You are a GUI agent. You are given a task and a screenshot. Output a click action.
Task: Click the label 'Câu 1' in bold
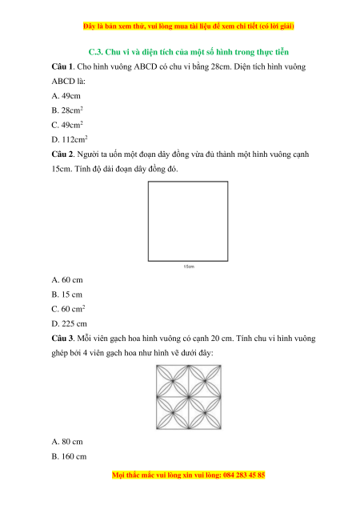(63, 66)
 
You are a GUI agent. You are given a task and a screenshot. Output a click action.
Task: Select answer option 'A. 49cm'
(66, 96)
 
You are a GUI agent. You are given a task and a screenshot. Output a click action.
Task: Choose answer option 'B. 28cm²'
(67, 110)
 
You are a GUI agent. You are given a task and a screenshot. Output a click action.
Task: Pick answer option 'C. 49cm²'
(67, 125)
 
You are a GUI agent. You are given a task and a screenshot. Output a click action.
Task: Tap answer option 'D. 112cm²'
(70, 139)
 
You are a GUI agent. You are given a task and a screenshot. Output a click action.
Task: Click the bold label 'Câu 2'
(63, 154)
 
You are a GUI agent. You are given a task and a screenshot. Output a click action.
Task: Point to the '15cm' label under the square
(189, 267)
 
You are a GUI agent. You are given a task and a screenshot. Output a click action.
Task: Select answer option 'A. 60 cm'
(67, 280)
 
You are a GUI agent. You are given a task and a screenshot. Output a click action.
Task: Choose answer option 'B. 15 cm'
(67, 295)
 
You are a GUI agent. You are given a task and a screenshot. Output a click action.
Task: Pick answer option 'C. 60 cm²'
(68, 309)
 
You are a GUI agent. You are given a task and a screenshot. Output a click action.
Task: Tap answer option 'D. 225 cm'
(69, 323)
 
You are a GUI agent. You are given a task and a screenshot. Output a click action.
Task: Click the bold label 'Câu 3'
(63, 339)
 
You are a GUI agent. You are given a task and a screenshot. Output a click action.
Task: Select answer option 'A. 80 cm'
(67, 442)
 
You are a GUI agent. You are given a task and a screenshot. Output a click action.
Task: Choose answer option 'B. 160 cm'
(69, 456)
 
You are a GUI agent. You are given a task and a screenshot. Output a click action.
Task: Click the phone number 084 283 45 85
(244, 475)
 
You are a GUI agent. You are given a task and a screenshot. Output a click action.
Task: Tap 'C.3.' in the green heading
(96, 52)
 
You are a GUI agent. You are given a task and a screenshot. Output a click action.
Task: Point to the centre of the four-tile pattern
(189, 397)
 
